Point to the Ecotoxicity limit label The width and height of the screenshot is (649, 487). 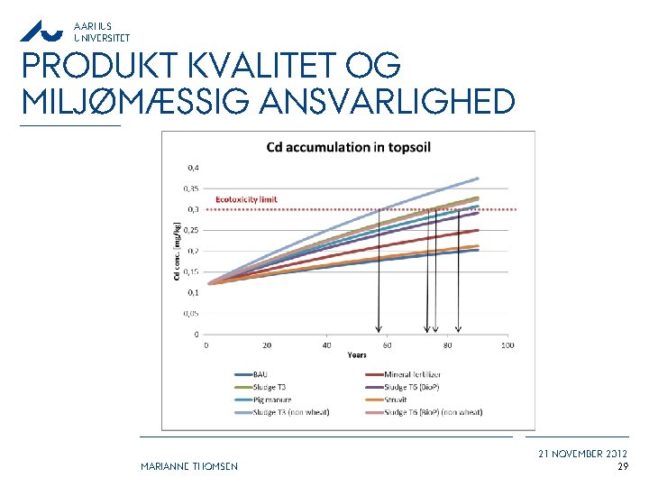pyautogui.click(x=246, y=199)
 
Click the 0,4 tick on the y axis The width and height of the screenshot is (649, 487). pyautogui.click(x=194, y=167)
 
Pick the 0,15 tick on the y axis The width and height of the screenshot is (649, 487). pyautogui.click(x=192, y=271)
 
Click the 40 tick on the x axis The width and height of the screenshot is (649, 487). pyautogui.click(x=326, y=345)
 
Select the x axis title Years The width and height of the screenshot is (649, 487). pyautogui.click(x=357, y=355)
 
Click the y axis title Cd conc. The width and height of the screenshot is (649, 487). pyautogui.click(x=176, y=250)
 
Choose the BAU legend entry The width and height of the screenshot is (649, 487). pyautogui.click(x=260, y=373)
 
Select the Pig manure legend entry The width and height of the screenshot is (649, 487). pyautogui.click(x=273, y=399)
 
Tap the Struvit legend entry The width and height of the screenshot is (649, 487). pyautogui.click(x=405, y=399)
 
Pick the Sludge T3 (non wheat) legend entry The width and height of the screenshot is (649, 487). pyautogui.click(x=290, y=412)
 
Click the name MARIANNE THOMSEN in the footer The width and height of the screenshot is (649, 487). pyautogui.click(x=189, y=466)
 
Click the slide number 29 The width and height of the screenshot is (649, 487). pyautogui.click(x=622, y=466)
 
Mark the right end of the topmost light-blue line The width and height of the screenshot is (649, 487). pyautogui.click(x=478, y=178)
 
